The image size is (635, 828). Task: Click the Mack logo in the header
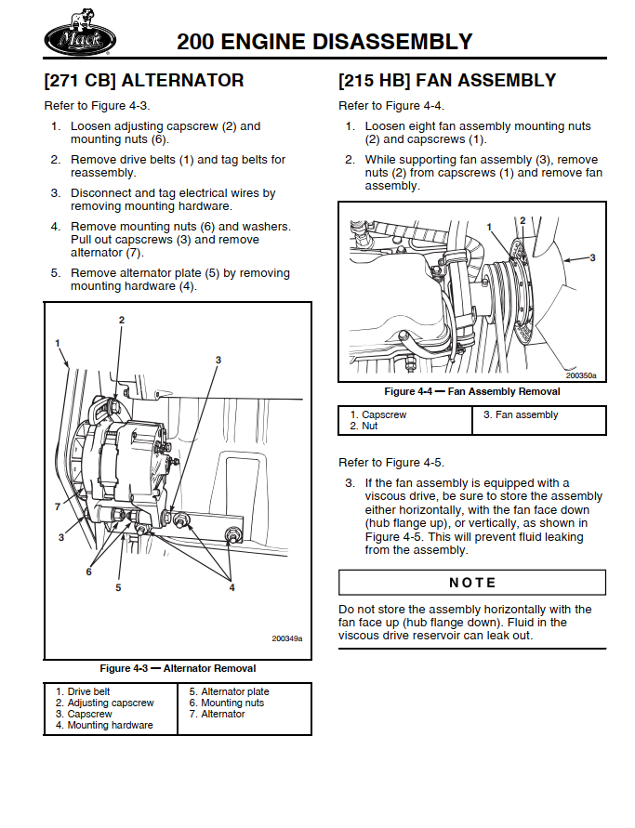80,38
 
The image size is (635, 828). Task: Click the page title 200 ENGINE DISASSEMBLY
324,42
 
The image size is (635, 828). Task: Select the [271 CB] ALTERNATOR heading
144,81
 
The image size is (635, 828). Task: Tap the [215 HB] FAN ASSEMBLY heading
447,81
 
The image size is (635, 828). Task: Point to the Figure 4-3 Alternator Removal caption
178,668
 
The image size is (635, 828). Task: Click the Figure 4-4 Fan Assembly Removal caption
472,391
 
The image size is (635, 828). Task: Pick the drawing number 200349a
287,638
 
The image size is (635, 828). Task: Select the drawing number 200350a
581,375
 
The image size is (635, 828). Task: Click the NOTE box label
472,583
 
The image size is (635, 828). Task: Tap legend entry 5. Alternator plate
229,691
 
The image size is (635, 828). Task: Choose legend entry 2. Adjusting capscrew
104,703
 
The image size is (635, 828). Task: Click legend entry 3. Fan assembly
521,414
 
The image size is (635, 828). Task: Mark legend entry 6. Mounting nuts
226,703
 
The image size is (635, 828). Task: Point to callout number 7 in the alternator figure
57,506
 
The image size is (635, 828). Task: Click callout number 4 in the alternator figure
232,587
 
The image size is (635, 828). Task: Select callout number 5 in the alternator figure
118,587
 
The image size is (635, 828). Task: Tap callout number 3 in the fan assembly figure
593,257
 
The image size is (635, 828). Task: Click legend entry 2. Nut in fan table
364,426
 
